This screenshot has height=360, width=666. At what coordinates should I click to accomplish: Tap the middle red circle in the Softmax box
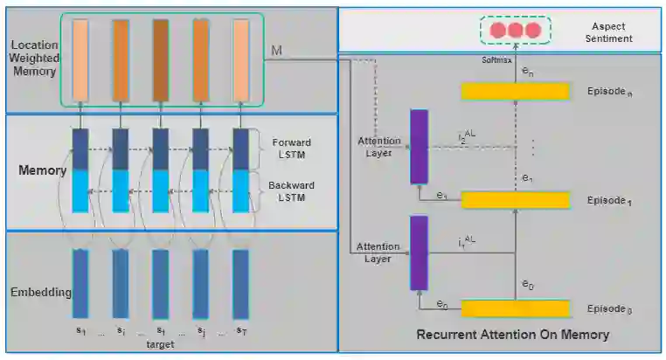[515, 31]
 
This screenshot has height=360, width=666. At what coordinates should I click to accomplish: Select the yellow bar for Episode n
[514, 91]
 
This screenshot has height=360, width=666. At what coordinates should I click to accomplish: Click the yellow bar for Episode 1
[514, 200]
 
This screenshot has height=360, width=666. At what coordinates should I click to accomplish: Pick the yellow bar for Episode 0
[514, 308]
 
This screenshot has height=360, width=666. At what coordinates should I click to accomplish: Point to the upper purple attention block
[419, 147]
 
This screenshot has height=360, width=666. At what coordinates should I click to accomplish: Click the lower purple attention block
[419, 253]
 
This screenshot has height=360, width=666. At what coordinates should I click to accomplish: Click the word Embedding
[40, 292]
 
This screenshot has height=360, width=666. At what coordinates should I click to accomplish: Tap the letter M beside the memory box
[276, 51]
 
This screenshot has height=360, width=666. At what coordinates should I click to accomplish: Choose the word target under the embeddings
[159, 345]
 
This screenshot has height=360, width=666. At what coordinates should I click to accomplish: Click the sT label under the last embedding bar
[241, 332]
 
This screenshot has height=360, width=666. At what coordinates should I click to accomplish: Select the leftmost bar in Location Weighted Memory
[80, 59]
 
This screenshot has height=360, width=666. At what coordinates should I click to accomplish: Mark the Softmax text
[495, 60]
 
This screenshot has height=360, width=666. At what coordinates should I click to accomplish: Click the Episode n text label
[610, 91]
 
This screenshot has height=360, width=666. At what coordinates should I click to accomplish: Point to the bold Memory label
[43, 170]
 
